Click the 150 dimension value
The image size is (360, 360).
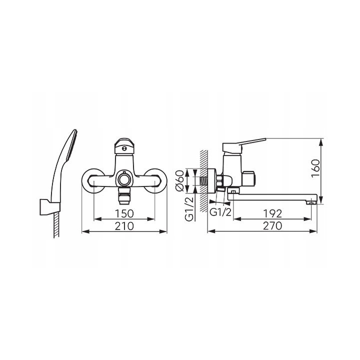tap(124, 214)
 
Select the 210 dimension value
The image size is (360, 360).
tap(124, 226)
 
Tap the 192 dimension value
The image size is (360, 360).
tap(272, 214)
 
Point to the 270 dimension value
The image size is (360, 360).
tap(272, 226)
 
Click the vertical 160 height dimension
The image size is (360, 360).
tap(315, 168)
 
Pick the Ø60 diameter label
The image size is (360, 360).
tap(179, 180)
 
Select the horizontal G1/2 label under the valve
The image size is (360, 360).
tap(220, 212)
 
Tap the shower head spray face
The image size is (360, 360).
tap(72, 145)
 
